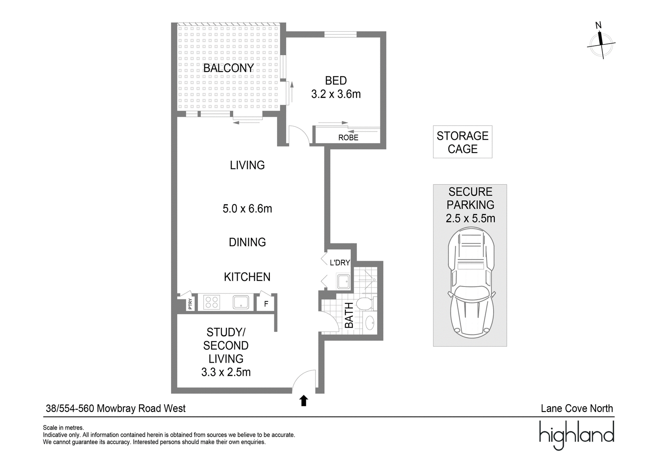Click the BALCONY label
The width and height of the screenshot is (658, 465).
tap(228, 68)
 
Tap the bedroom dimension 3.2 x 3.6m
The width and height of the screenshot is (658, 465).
tap(336, 94)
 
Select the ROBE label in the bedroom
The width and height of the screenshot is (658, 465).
tap(348, 137)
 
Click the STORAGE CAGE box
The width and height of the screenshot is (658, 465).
tap(462, 142)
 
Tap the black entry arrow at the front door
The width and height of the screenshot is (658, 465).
tap(304, 401)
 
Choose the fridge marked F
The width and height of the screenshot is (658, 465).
tap(266, 303)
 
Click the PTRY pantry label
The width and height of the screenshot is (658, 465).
tap(190, 304)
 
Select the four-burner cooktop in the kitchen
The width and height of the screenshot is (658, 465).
tap(212, 302)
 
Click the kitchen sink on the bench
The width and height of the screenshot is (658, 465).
tap(241, 302)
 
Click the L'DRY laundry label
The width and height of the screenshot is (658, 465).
tap(340, 263)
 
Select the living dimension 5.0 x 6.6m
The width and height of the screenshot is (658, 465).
tap(247, 208)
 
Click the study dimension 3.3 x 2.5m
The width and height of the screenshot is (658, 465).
tap(226, 372)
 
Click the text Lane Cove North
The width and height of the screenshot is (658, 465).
tap(577, 408)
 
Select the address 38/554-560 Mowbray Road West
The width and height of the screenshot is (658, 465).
tap(116, 408)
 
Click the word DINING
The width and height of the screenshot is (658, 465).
tap(247, 242)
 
